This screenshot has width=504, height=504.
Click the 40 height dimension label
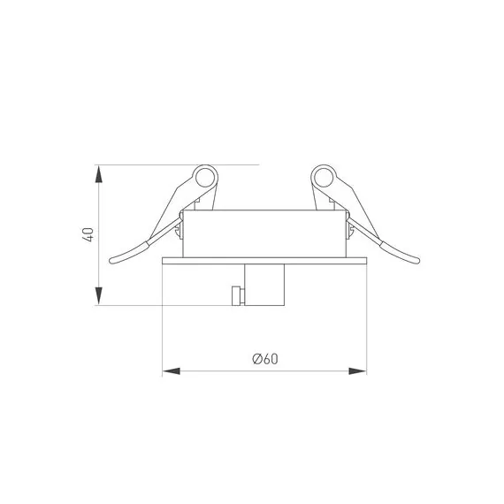(x=88, y=234)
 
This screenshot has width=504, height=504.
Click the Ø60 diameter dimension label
(x=265, y=359)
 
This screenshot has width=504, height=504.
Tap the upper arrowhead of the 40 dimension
(x=99, y=174)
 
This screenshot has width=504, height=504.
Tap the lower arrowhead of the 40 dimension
(x=99, y=295)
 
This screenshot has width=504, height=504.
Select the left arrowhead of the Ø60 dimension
(x=172, y=371)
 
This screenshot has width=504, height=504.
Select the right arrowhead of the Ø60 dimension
(x=357, y=371)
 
